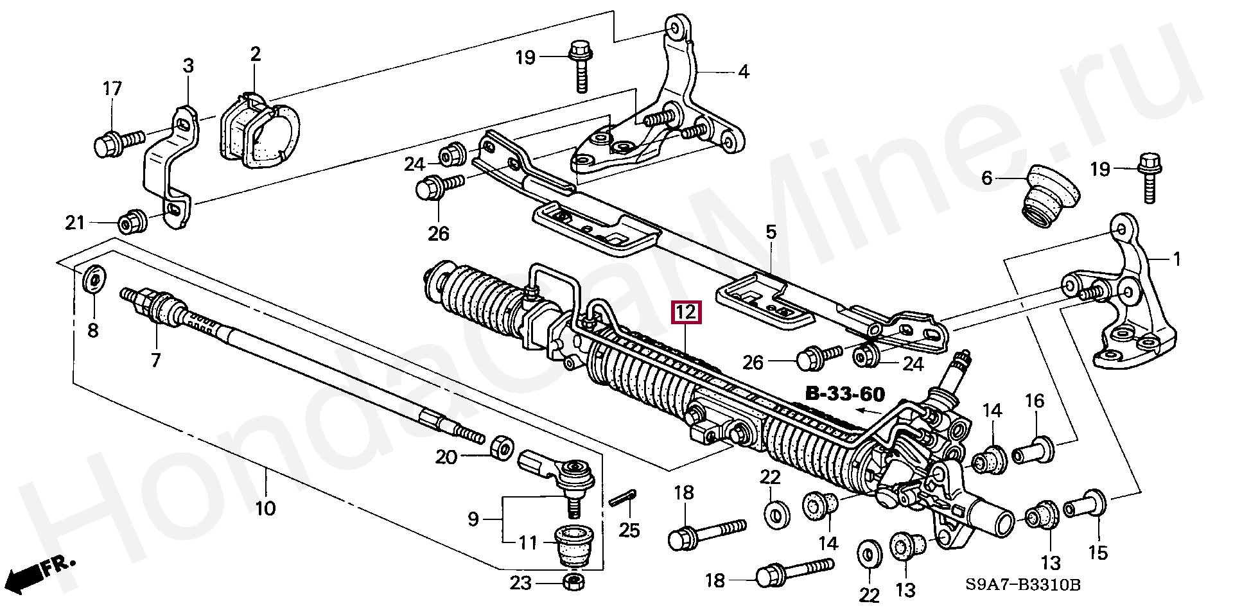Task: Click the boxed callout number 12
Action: point(686,313)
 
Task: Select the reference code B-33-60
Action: point(844,394)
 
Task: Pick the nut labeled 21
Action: point(133,221)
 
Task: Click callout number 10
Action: point(265,509)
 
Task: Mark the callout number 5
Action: point(771,232)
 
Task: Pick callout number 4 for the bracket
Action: point(743,71)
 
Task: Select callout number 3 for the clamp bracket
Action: point(188,65)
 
